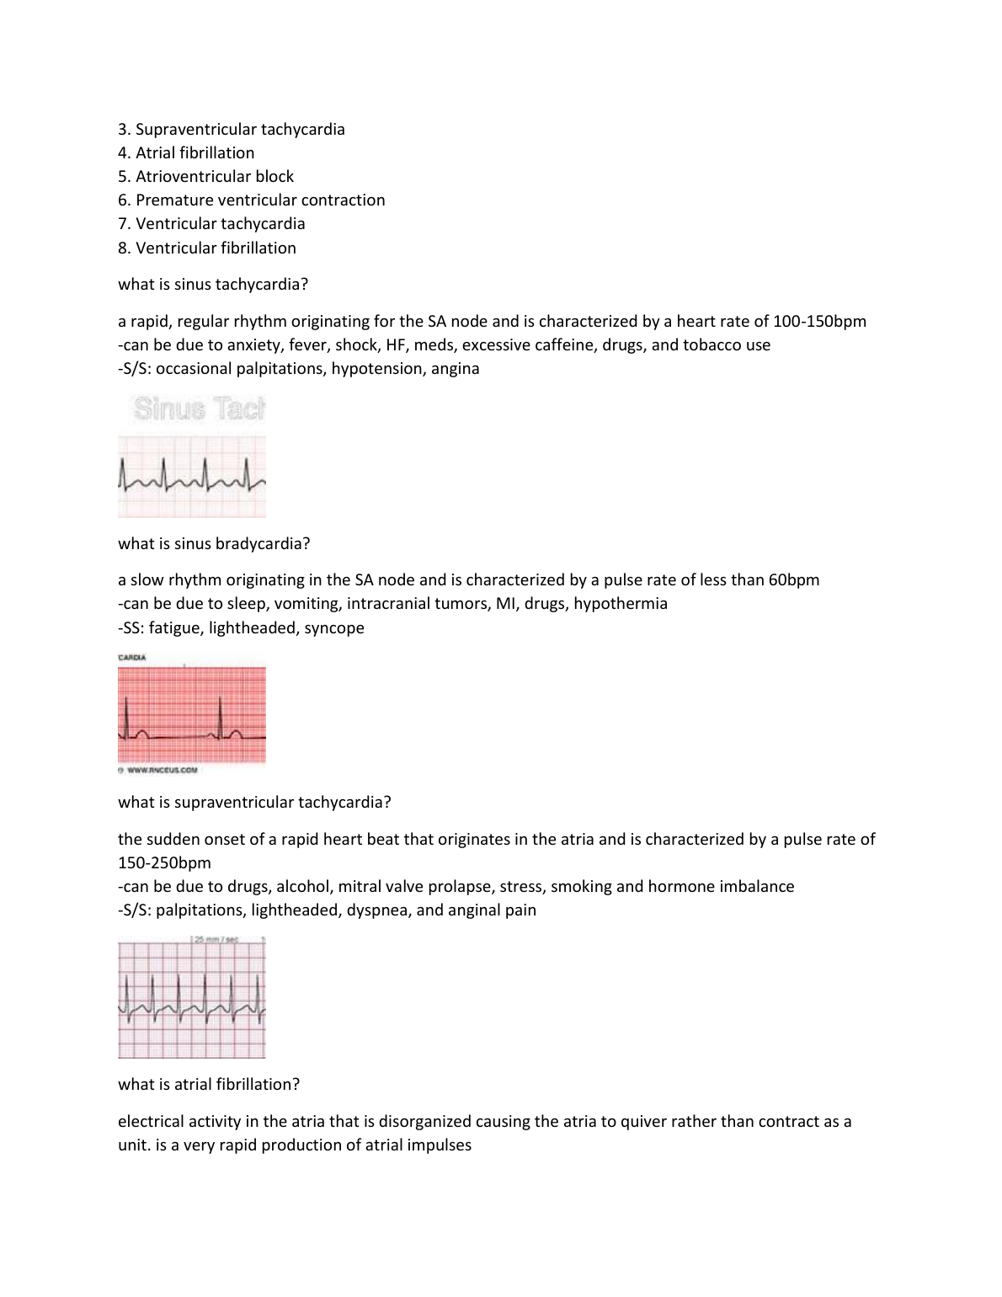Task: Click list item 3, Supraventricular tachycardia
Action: pos(232,130)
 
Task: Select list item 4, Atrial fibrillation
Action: pos(186,153)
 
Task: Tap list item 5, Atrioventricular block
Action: pos(206,177)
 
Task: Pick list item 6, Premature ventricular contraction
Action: pos(252,200)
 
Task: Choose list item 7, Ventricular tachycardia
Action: pos(211,224)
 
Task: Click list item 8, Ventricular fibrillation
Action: pos(207,248)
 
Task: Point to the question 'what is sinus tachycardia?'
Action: pos(213,285)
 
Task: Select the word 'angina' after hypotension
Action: pos(455,369)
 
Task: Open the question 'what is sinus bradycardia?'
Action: pos(214,544)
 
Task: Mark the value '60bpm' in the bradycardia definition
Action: pos(794,580)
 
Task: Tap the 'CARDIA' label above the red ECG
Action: pos(132,658)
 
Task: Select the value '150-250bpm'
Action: pos(165,863)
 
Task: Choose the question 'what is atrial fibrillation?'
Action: pos(209,1085)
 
